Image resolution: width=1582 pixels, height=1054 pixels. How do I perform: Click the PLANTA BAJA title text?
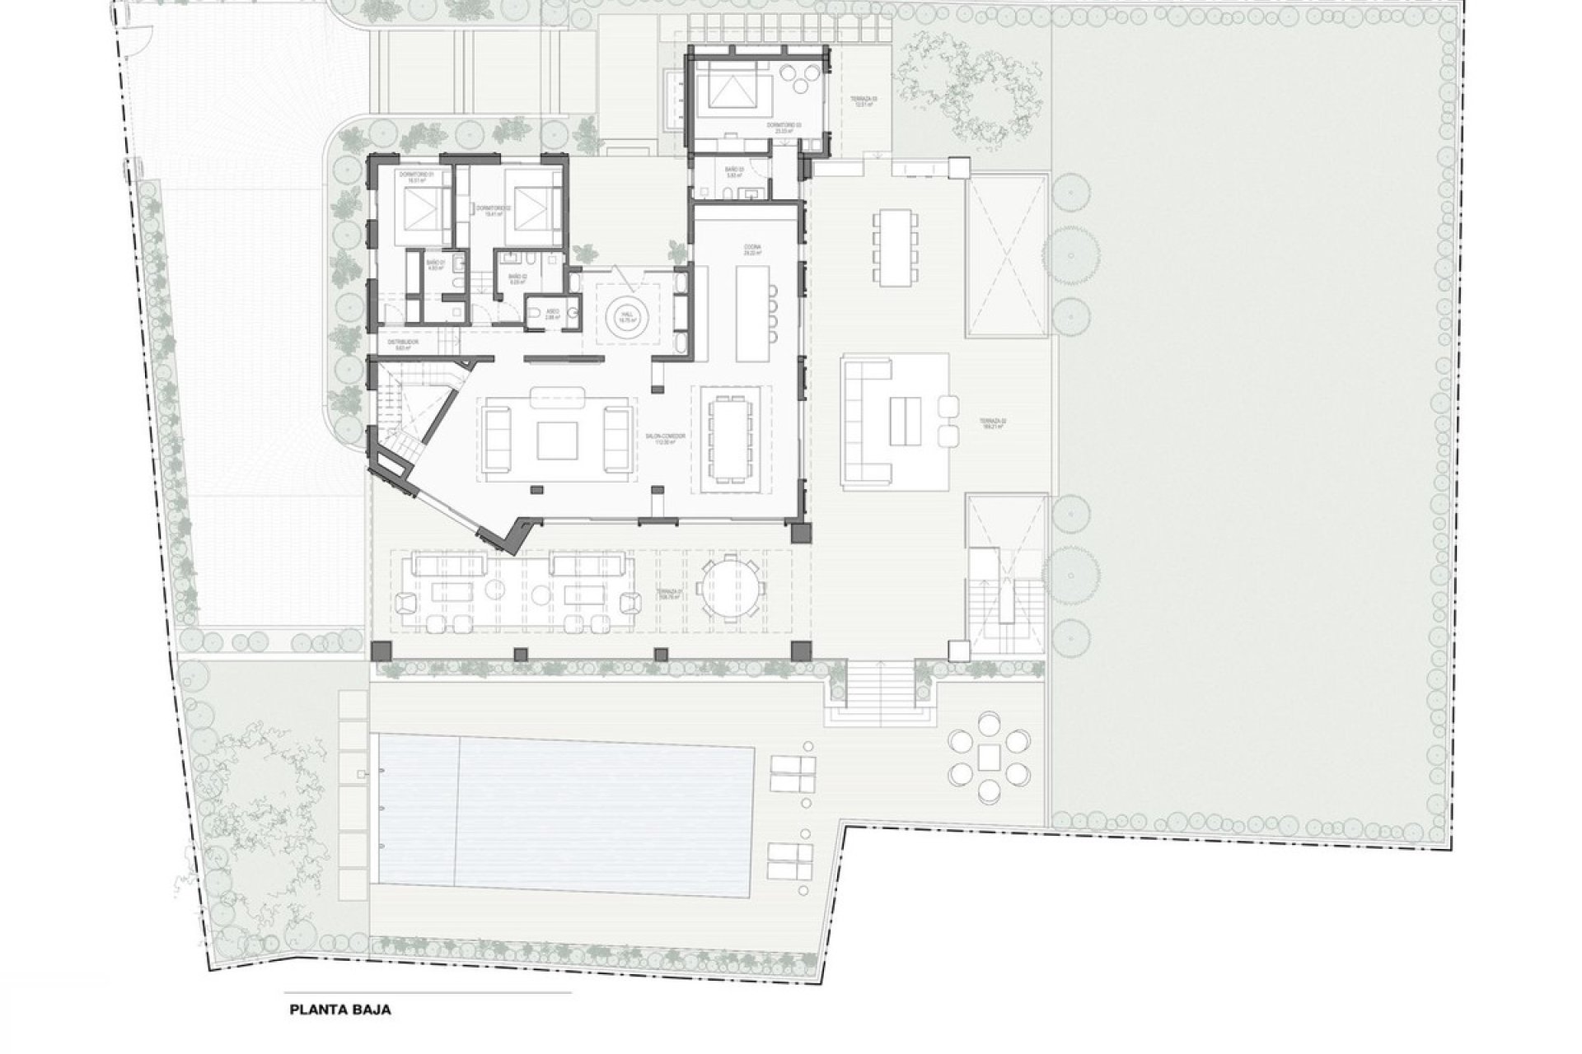point(340,1009)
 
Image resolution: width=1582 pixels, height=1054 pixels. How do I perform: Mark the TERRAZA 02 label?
point(994,422)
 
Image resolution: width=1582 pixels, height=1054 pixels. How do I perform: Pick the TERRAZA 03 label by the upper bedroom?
point(864,101)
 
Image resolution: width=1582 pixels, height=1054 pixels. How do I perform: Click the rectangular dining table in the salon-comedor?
point(730,438)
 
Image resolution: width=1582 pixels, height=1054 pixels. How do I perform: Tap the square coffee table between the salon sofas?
point(558,440)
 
